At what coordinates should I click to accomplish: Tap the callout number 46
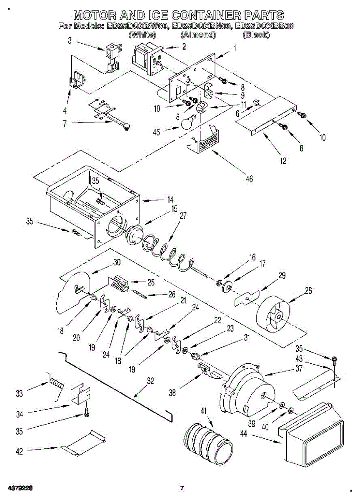[250, 179]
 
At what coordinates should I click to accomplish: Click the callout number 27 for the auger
[182, 215]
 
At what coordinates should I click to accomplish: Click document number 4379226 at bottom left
[17, 488]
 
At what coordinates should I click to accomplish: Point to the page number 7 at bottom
[182, 488]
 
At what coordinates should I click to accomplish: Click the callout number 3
[70, 41]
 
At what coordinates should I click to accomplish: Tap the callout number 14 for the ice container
[170, 199]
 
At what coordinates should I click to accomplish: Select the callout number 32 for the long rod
[150, 381]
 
